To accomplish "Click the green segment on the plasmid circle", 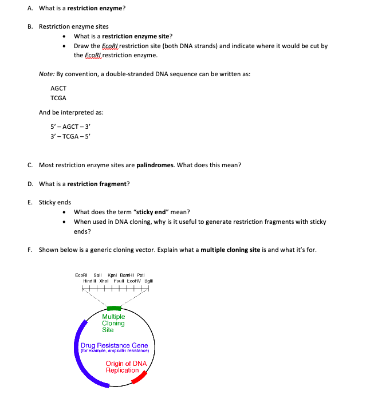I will pos(115,309).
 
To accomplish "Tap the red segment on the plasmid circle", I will pos(140,377).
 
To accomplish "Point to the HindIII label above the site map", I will pos(90,281).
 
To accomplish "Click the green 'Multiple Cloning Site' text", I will pos(113,323).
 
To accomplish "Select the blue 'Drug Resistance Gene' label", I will pos(115,345).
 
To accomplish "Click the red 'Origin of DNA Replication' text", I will pos(126,367).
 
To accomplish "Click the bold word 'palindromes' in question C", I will pos(155,165).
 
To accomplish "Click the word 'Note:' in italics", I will pos(46,74).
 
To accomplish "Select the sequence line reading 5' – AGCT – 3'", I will pos(71,125).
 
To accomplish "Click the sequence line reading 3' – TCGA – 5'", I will pos(71,135).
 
